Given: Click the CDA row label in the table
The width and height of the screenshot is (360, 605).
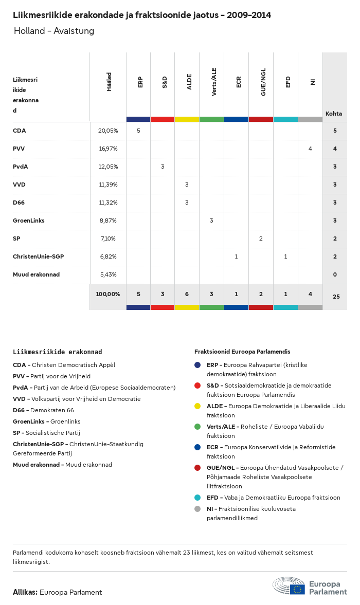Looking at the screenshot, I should click(x=20, y=131).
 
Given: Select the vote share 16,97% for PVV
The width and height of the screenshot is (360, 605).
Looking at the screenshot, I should click(x=108, y=149).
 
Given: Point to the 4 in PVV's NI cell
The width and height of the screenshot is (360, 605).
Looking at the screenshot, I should click(x=310, y=149).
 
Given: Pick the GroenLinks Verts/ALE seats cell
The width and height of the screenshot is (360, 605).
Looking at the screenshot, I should click(x=211, y=221).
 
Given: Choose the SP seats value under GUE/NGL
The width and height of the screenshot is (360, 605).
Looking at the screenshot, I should click(x=261, y=239).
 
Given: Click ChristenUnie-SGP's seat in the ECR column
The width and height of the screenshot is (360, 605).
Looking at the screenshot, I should click(x=236, y=256).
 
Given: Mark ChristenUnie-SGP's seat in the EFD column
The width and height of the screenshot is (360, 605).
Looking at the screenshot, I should click(x=285, y=256).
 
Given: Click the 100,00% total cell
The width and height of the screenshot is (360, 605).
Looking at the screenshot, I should click(x=108, y=294).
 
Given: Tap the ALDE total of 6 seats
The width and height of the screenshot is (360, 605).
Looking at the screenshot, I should click(x=187, y=294).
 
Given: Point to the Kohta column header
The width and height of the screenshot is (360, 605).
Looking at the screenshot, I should click(x=334, y=114).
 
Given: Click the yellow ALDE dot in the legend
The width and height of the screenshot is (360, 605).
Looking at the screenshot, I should click(x=197, y=406).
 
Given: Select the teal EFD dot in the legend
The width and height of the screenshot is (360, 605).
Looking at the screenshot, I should click(x=197, y=498).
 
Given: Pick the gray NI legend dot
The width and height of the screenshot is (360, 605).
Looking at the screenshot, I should click(x=197, y=509).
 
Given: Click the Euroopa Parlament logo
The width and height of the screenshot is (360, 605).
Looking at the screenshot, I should click(x=310, y=586).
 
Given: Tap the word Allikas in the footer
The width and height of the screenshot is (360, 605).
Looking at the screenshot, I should click(x=25, y=592).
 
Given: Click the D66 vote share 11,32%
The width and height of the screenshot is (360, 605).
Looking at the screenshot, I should click(x=108, y=203).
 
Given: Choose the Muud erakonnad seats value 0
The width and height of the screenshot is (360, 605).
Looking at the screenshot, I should click(x=335, y=274).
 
